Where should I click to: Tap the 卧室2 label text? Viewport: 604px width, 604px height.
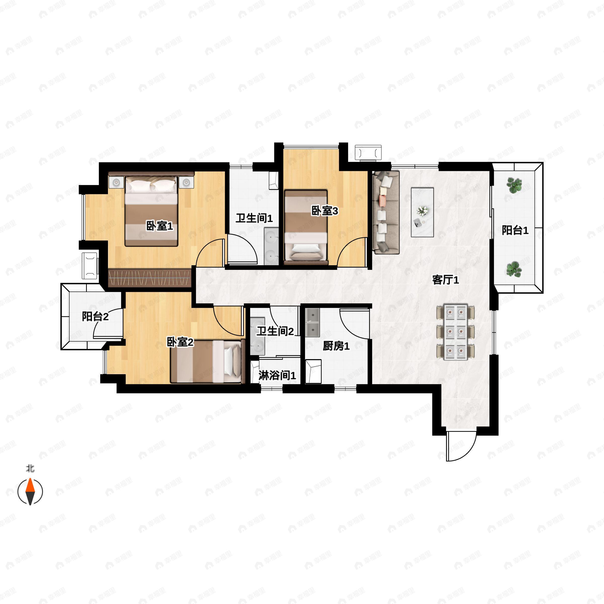coord(180,342)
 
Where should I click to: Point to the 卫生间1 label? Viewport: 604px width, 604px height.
coord(254,218)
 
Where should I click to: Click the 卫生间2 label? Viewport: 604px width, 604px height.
coord(275,331)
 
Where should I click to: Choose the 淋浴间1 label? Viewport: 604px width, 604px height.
coord(277,375)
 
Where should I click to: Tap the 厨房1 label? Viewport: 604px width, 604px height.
coord(336,346)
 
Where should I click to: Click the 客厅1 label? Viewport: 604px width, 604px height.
coord(445,280)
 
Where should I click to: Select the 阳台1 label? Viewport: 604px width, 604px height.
coord(515,231)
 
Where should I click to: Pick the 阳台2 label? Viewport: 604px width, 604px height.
coord(95,316)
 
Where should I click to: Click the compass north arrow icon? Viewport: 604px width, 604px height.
coord(30,492)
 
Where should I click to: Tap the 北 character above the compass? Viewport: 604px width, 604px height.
coord(30,469)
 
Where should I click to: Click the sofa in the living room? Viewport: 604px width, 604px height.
coord(386,212)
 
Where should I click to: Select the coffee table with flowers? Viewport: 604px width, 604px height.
coord(422,212)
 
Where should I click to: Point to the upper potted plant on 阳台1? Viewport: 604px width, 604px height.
coord(514,185)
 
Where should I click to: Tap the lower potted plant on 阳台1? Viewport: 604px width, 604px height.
coord(514,269)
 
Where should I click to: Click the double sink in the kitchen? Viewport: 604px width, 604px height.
coord(313,322)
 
